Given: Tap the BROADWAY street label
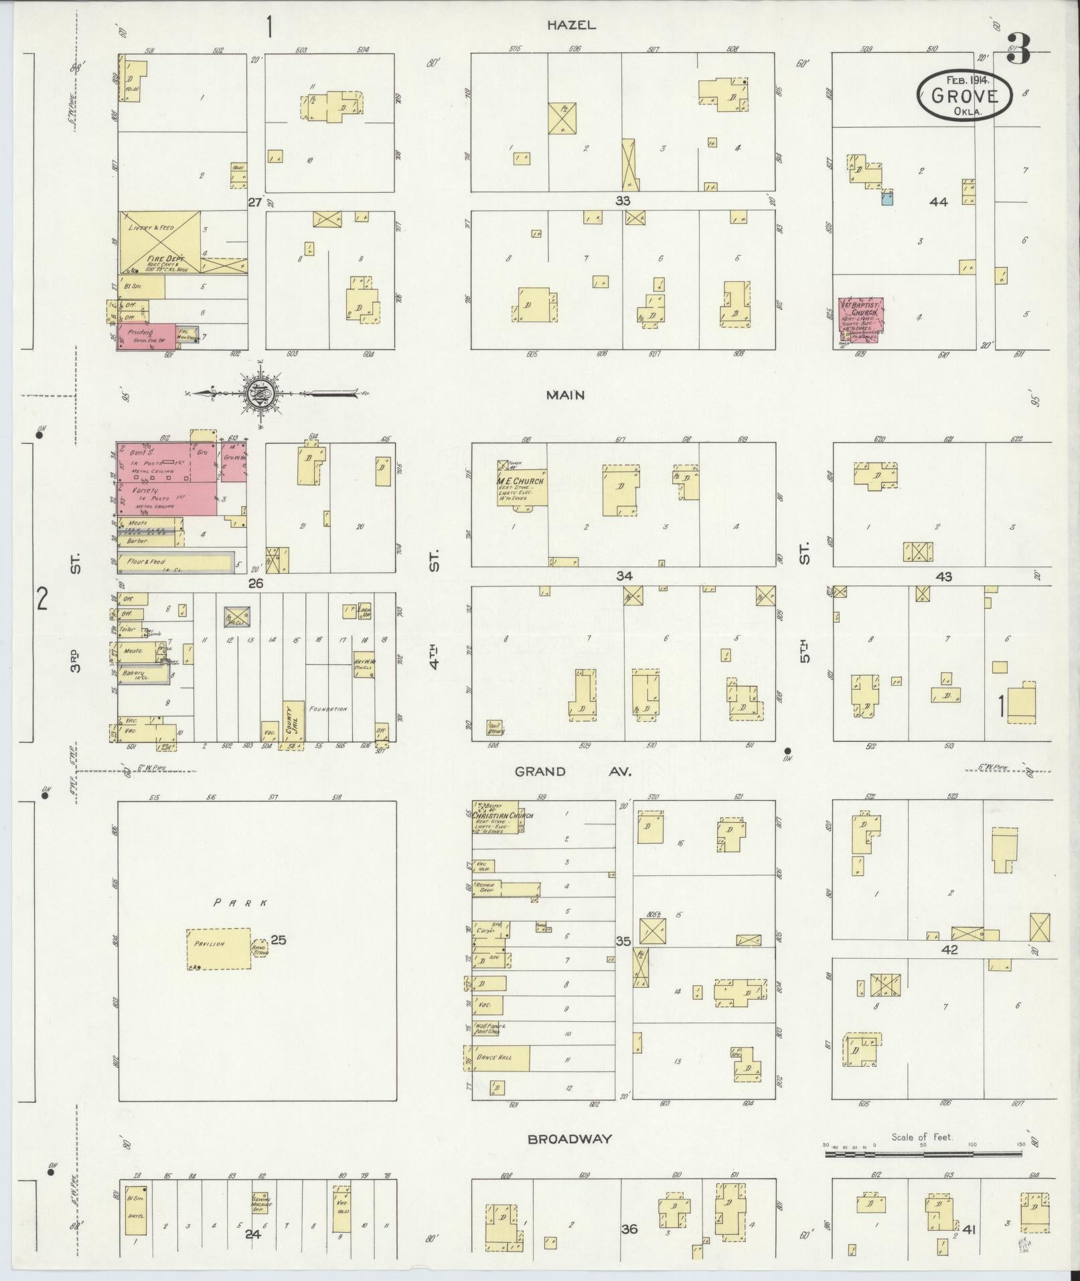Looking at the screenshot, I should [x=568, y=1138].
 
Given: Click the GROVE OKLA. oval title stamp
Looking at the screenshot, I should [x=964, y=95].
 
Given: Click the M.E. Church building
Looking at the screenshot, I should [x=522, y=482].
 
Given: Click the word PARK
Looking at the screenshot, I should [x=240, y=903].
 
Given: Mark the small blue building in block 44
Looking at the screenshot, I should [x=887, y=197].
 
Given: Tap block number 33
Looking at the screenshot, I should [x=623, y=200].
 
